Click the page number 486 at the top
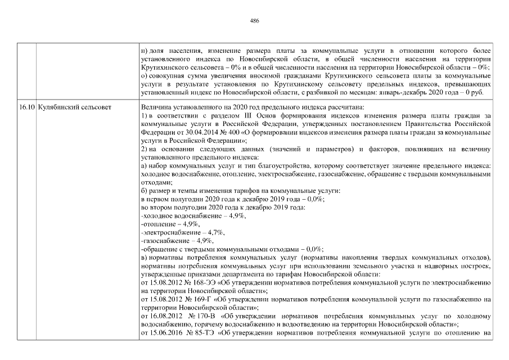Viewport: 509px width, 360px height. [x=254, y=21]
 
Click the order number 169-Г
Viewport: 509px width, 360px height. [x=202, y=300]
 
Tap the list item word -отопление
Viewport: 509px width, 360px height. [x=157, y=224]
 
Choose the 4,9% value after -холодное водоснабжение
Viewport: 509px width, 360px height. [x=236, y=216]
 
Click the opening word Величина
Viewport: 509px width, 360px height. [x=156, y=106]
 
